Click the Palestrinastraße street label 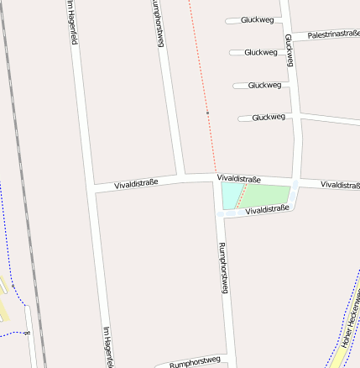pyautogui.click(x=333, y=34)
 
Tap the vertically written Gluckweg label pyautogui.click(x=289, y=50)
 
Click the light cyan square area pyautogui.click(x=229, y=195)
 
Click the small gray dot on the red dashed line pyautogui.click(x=207, y=112)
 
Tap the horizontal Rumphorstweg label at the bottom pyautogui.click(x=194, y=362)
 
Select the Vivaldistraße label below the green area pyautogui.click(x=267, y=209)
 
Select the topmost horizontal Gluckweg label pyautogui.click(x=257, y=19)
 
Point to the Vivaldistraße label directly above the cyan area pyautogui.click(x=238, y=179)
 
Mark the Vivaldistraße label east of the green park pyautogui.click(x=340, y=185)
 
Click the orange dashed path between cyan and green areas pyautogui.click(x=241, y=196)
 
